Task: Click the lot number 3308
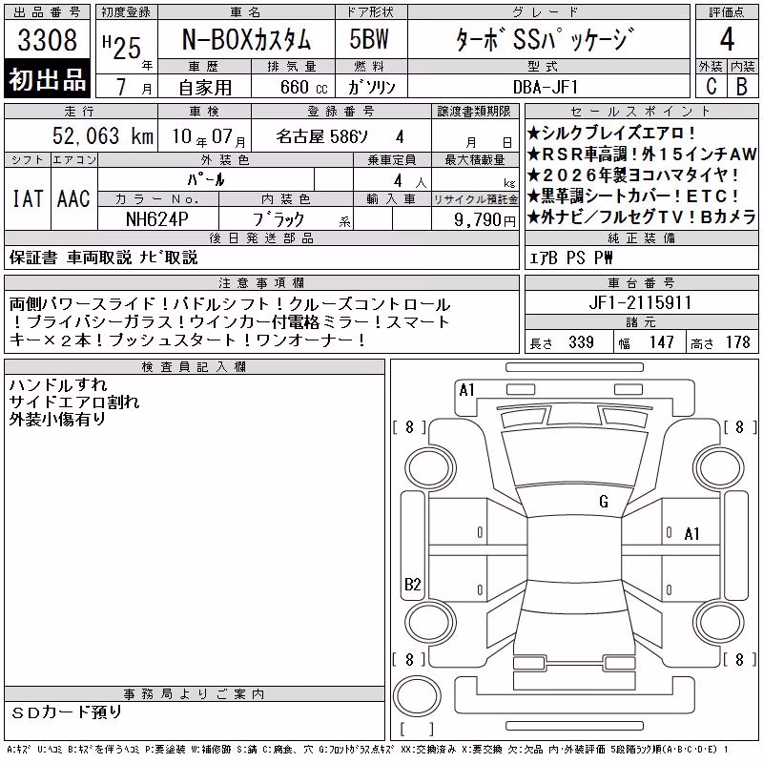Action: [x=47, y=40]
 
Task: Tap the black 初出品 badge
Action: [x=47, y=78]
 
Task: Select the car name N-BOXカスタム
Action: [x=246, y=39]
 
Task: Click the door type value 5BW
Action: [x=369, y=39]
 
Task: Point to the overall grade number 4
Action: [x=727, y=39]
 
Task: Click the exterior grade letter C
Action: [x=711, y=86]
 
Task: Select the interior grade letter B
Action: [x=742, y=86]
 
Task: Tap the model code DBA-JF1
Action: [x=546, y=87]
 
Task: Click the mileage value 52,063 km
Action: [x=103, y=135]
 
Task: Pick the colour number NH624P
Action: [x=157, y=219]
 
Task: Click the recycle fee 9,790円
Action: [x=485, y=220]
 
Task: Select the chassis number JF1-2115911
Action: [x=640, y=302]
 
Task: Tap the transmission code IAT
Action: [x=28, y=198]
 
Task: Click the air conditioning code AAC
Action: [x=73, y=198]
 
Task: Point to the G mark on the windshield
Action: [x=604, y=502]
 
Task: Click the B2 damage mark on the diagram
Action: [x=413, y=584]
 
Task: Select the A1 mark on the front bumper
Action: [x=466, y=390]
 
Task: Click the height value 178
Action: [x=737, y=342]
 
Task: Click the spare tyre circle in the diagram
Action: [x=417, y=696]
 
